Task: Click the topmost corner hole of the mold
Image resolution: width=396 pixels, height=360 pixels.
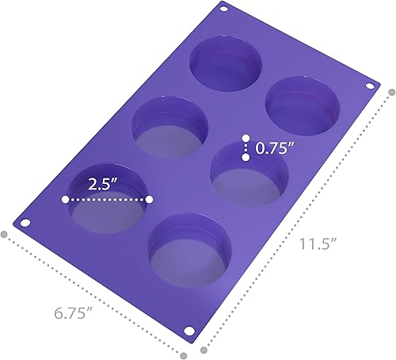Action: [222, 9]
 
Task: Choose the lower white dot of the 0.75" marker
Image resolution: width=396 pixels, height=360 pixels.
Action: [246, 158]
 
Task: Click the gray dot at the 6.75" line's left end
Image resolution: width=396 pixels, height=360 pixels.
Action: [6, 235]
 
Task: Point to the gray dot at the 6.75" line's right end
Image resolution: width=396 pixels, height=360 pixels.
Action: [185, 354]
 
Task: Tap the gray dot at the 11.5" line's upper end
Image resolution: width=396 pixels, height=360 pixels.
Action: [390, 91]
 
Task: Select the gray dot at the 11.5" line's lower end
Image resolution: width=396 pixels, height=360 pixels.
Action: [204, 347]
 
